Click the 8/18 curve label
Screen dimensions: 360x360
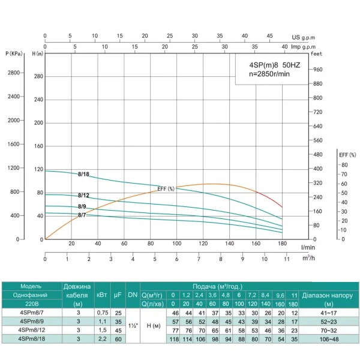tap(84, 174)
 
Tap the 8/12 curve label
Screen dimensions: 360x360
tap(83, 196)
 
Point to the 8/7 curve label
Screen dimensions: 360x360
tap(82, 215)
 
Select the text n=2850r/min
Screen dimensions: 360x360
tap(269, 74)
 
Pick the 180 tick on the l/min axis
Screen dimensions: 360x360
tap(281, 244)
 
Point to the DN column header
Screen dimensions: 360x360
tap(133, 296)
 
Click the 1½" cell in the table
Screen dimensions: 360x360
tap(133, 326)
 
